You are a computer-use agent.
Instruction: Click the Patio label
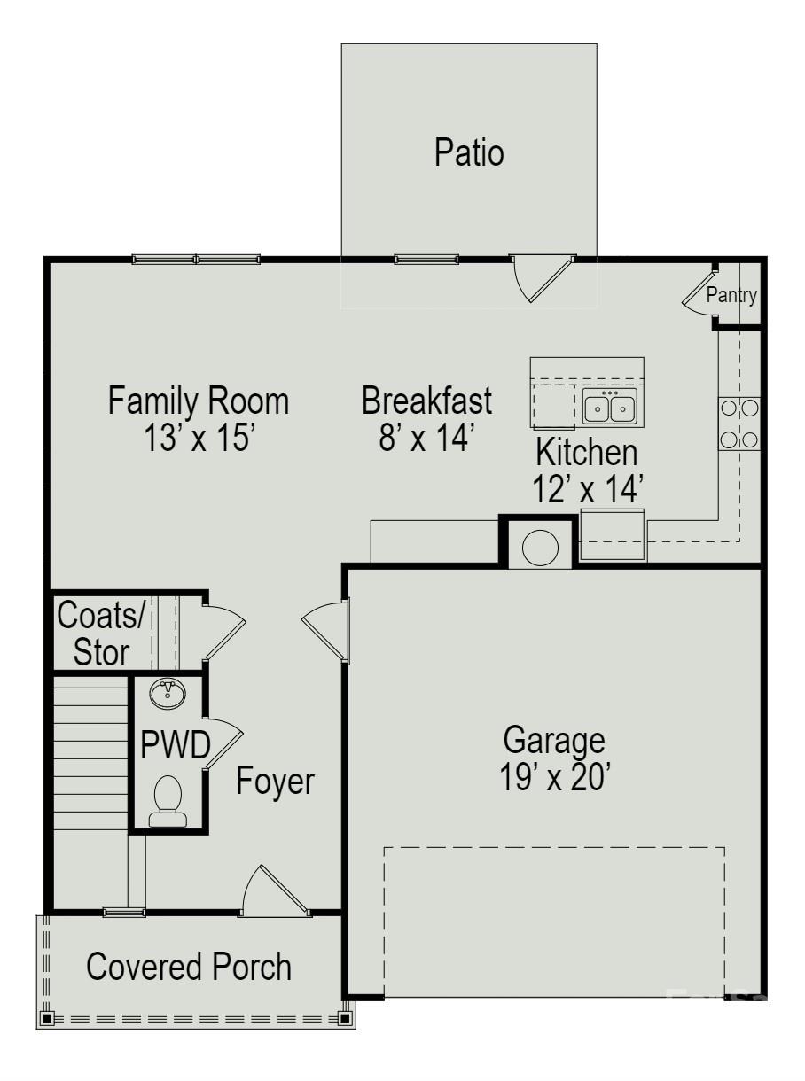pos(469,152)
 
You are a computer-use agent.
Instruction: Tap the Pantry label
pos(731,296)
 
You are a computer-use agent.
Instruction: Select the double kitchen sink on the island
pos(610,407)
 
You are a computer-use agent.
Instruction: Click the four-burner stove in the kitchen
pos(739,424)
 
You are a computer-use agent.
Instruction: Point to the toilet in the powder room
pos(168,800)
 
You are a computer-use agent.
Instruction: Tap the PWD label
pos(176,747)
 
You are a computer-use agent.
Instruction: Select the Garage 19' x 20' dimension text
pos(554,777)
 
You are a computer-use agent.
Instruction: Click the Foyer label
pos(275,782)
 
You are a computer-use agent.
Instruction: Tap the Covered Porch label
pos(189,967)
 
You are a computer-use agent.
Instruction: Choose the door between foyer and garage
pos(324,629)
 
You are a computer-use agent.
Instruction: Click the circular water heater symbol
pos(540,547)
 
